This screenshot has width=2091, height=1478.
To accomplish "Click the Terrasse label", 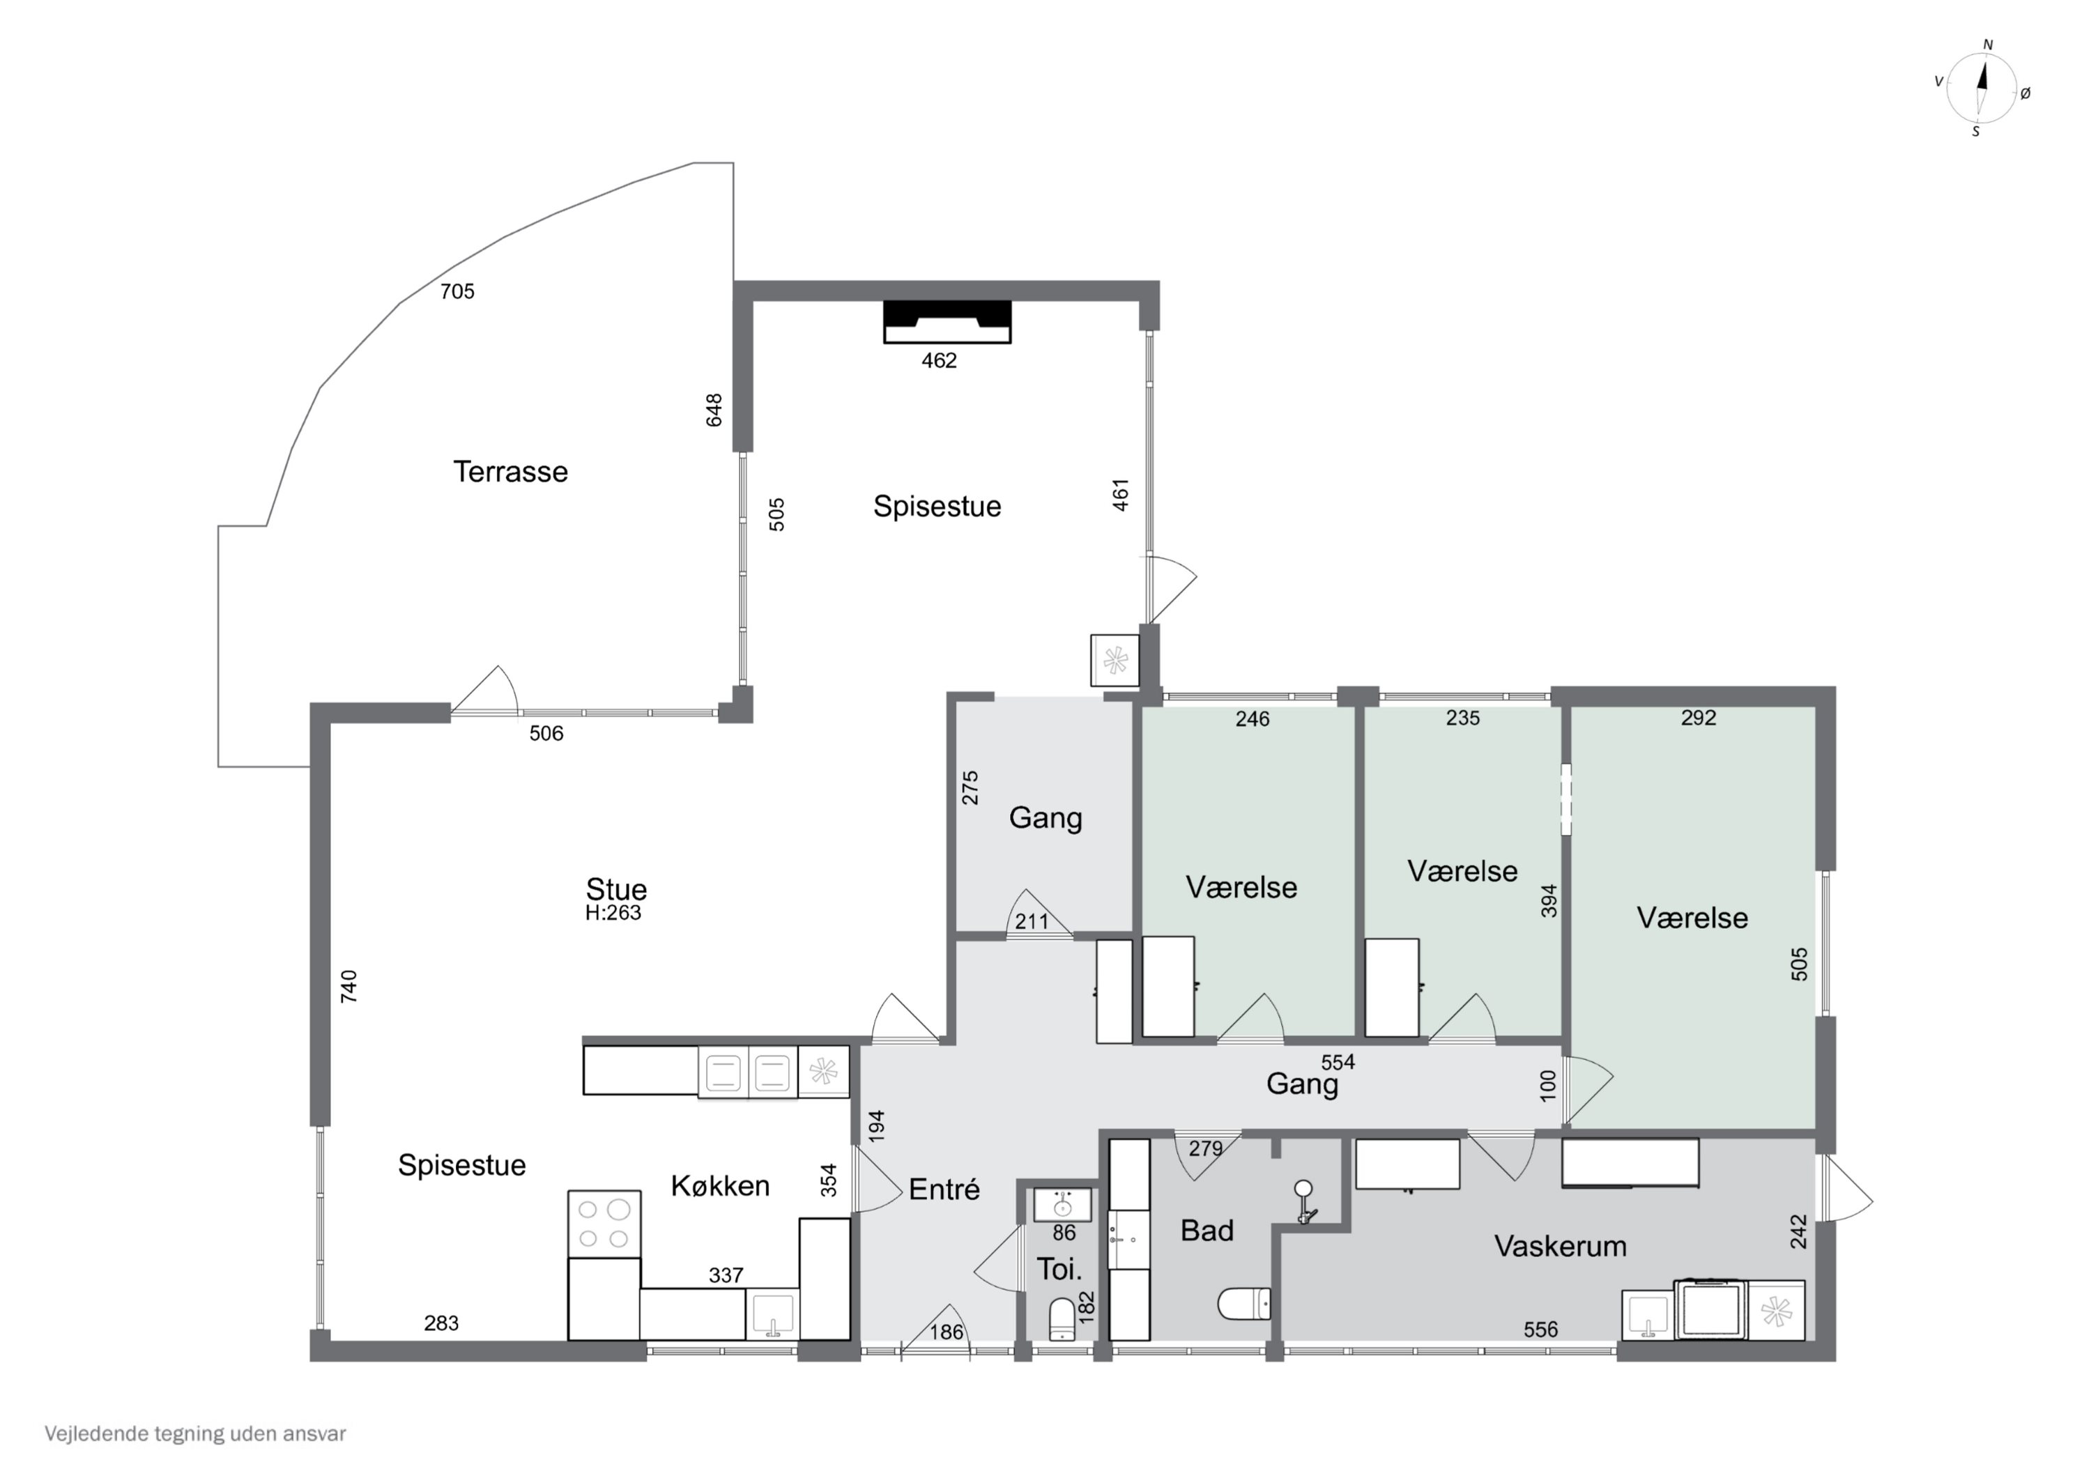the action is (510, 472).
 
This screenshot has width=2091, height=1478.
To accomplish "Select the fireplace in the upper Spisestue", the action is (947, 321).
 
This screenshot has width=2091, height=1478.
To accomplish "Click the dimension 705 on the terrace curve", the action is (457, 291).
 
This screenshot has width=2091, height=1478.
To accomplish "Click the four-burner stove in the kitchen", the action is (604, 1224).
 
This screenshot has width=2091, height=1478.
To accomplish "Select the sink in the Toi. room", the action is (1062, 1205).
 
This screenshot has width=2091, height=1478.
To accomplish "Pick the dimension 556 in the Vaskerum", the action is (1541, 1330).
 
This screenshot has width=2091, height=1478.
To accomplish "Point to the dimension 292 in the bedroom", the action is (1699, 718).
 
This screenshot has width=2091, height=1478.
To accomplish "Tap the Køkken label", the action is (721, 1186).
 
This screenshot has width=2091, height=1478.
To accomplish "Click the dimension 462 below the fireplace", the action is (939, 361).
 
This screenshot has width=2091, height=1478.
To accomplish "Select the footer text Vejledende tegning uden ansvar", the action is (196, 1434).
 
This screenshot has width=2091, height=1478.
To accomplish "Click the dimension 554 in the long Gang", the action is (1338, 1062).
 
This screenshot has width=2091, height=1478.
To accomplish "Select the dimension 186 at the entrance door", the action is (947, 1332).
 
